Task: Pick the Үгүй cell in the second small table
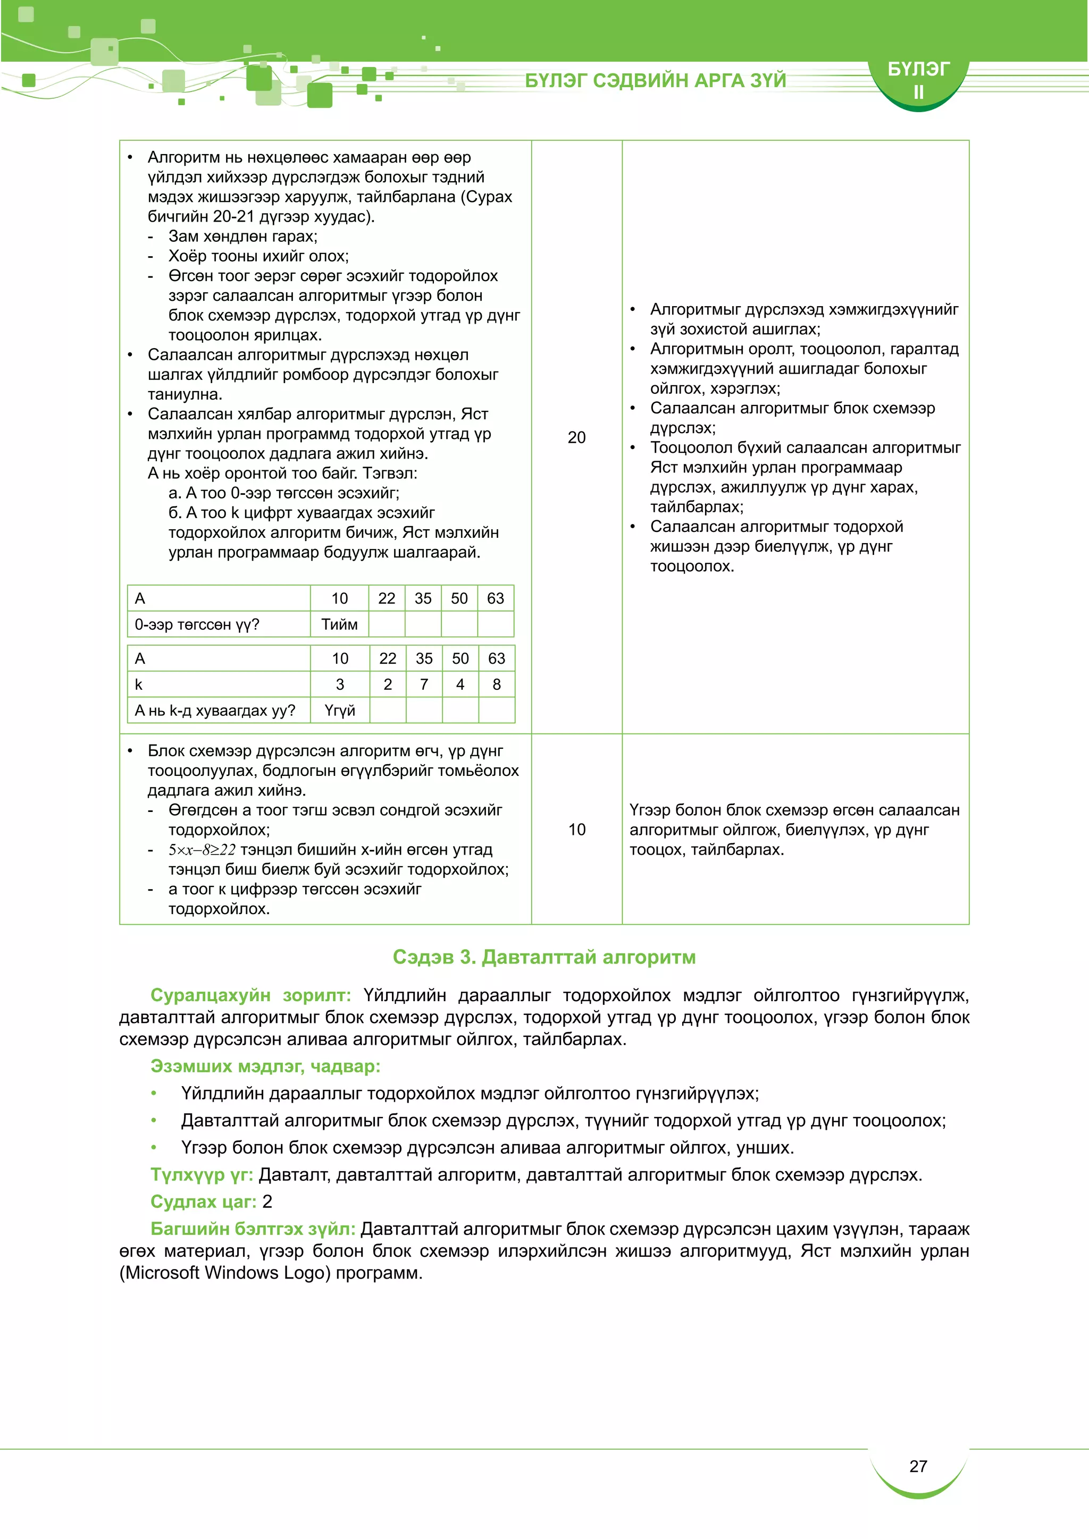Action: [339, 711]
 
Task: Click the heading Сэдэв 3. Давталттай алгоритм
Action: [544, 957]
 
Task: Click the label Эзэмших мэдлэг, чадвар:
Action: [265, 1066]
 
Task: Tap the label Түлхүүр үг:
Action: [201, 1174]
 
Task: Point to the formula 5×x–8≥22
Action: [202, 850]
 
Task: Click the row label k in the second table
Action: [139, 684]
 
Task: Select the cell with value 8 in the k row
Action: [496, 684]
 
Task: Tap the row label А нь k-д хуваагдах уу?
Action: [215, 711]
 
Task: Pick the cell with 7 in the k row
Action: [424, 684]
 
